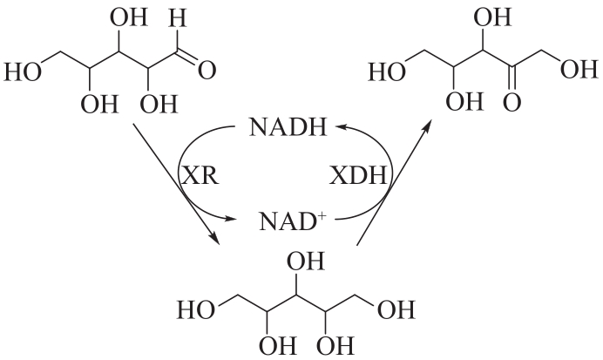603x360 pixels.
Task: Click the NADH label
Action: click(288, 127)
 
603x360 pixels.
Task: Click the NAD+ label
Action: click(293, 221)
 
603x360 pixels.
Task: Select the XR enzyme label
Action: click(200, 176)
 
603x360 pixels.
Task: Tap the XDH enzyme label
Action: click(358, 176)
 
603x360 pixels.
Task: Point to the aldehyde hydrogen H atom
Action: click(177, 17)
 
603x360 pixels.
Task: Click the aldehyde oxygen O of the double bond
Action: click(207, 71)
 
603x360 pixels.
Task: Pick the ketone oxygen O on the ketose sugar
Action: click(512, 103)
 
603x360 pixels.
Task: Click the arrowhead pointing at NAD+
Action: click(229, 220)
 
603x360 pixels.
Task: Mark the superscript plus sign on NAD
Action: click(322, 215)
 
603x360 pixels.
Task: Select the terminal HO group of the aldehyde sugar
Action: click(23, 71)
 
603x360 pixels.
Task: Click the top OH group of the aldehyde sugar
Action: click(129, 17)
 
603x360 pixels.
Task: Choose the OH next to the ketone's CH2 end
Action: click(579, 69)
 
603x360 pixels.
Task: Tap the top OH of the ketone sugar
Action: click(492, 17)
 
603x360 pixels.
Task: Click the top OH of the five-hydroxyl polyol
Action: click(306, 262)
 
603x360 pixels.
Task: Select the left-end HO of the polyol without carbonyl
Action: click(196, 310)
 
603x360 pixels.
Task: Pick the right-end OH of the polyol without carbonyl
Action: click(396, 310)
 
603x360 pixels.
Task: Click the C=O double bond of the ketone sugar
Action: click(512, 78)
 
